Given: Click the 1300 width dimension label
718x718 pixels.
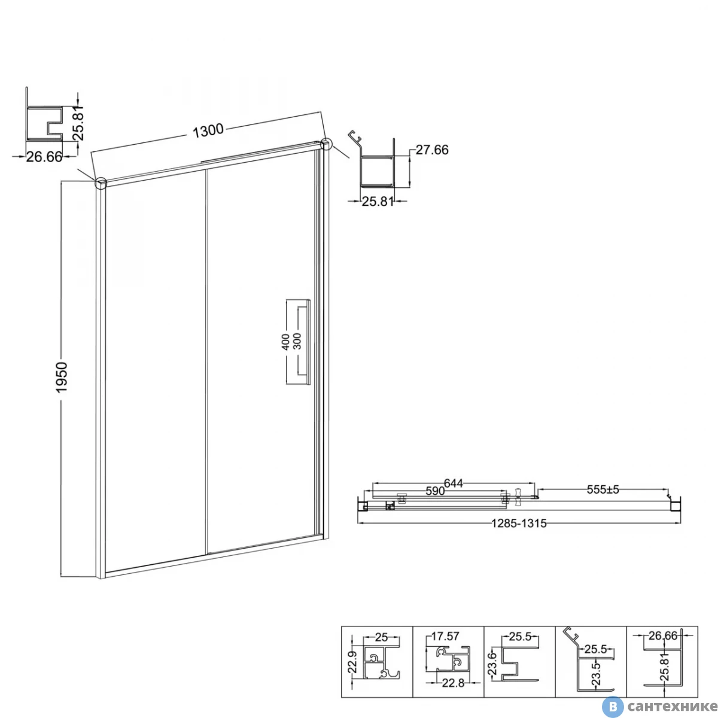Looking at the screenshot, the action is [x=208, y=130].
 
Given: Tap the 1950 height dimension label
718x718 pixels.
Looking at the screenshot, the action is [x=62, y=377].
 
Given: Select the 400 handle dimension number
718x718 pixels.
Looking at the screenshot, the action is [x=285, y=342].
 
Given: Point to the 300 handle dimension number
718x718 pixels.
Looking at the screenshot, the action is [x=297, y=341].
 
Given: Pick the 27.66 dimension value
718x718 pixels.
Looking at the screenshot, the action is [x=432, y=150].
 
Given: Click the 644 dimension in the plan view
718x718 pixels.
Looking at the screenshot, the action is [x=453, y=483].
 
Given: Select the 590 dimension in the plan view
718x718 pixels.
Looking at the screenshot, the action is [x=435, y=491].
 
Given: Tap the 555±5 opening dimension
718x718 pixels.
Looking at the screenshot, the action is [x=603, y=489].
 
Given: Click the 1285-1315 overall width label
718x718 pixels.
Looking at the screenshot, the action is [x=519, y=524].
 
